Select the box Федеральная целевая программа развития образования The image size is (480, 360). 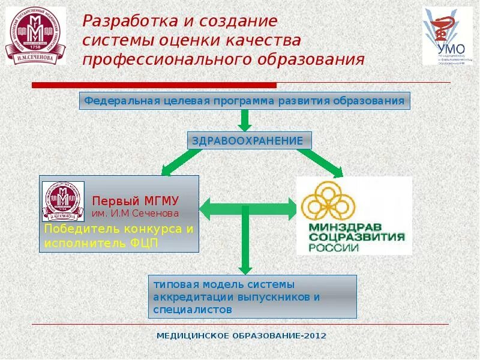tap(244, 101)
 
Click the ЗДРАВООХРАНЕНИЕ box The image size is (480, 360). tap(249, 140)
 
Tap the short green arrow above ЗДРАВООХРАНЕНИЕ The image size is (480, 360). tap(244, 121)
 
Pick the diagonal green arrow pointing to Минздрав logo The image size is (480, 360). tap(318, 162)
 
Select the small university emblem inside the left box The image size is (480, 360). tap(63, 201)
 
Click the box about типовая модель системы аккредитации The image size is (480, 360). tap(253, 296)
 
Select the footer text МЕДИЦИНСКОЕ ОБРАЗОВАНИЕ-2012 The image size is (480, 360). tap(241, 336)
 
